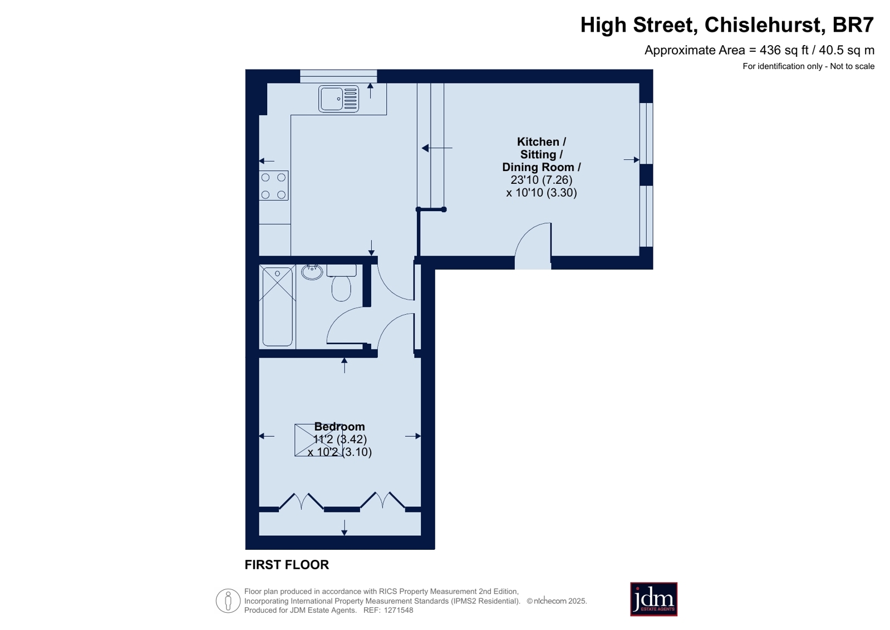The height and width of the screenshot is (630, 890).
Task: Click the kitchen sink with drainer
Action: click(x=338, y=99)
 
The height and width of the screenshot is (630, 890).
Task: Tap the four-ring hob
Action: click(x=273, y=185)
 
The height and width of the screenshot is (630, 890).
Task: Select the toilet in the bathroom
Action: click(x=341, y=283)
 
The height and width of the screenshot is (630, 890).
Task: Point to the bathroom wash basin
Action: click(x=312, y=272)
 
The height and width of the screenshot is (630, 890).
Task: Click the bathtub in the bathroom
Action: click(x=277, y=305)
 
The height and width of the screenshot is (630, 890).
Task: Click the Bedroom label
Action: click(x=340, y=426)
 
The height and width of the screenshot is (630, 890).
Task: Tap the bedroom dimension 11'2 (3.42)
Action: click(x=340, y=439)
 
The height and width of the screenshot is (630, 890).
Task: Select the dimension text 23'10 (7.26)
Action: click(x=541, y=180)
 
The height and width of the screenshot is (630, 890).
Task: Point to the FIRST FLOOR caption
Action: click(x=287, y=565)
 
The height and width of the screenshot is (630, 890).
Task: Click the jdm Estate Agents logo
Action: click(x=653, y=599)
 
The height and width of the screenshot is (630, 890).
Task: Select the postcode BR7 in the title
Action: click(x=853, y=25)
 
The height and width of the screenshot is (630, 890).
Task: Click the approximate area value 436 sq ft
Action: click(x=784, y=50)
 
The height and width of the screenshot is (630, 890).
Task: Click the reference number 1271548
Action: click(x=398, y=610)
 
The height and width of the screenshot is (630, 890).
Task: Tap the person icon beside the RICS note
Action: click(x=228, y=600)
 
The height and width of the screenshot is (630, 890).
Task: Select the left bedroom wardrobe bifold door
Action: click(x=301, y=501)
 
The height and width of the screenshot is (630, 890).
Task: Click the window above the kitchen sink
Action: click(x=338, y=76)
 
